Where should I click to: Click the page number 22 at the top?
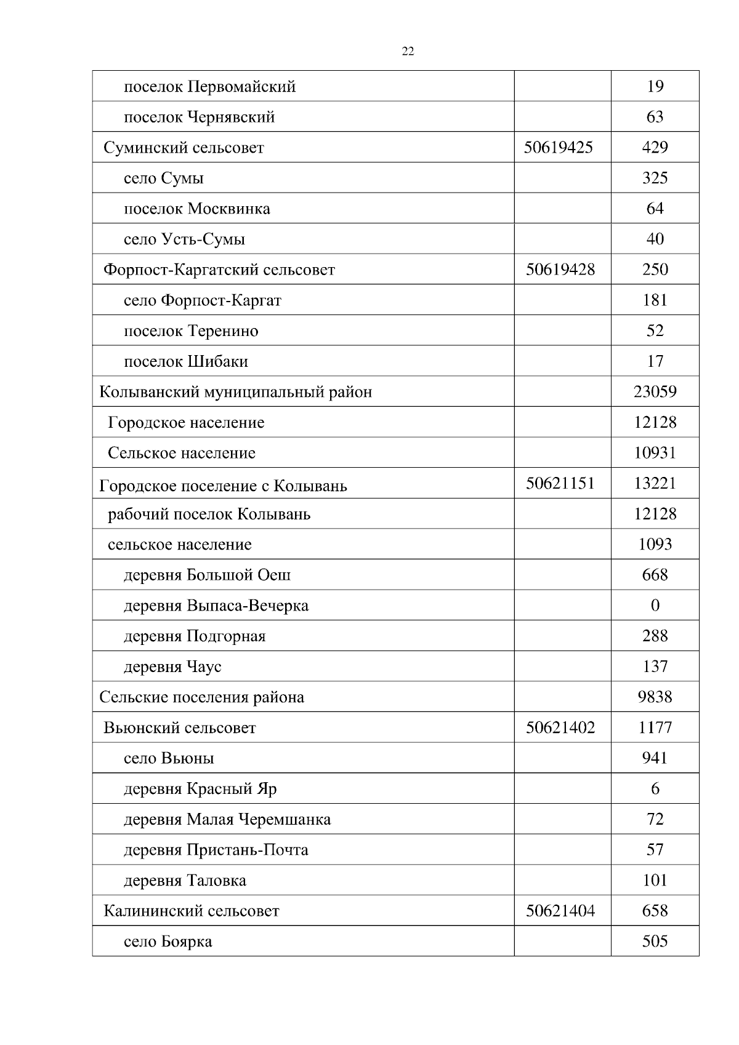[408, 52]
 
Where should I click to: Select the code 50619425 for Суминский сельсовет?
[558, 147]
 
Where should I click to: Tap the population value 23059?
[655, 391]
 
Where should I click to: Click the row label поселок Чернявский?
[199, 117]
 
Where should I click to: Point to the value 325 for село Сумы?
[655, 178]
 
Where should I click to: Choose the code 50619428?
[560, 270]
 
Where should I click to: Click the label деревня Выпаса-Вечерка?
[216, 606]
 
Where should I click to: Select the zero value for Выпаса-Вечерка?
[655, 606]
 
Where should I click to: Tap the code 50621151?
[560, 483]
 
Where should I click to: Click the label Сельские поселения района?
[201, 697]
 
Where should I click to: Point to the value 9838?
[655, 697]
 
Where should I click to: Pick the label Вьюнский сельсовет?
[179, 728]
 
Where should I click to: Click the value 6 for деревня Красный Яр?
[655, 789]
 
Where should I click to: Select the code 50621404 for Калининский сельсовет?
[560, 911]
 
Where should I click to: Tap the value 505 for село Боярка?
[655, 942]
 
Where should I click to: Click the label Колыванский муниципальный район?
[235, 392]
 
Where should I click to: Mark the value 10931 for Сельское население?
[655, 453]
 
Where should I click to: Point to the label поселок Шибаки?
[185, 361]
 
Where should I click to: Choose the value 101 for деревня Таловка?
[655, 881]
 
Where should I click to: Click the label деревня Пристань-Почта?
[216, 850]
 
